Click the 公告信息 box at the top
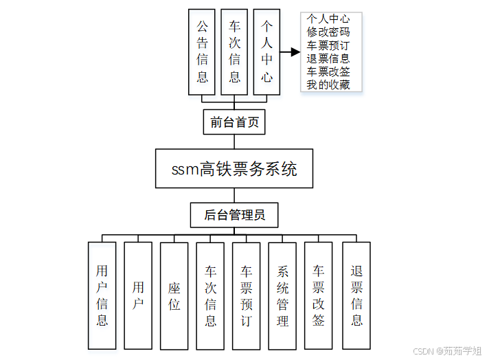tap(202, 52)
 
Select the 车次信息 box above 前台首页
tap(234, 52)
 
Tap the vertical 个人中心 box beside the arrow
tap(266, 52)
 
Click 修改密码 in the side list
tap(328, 32)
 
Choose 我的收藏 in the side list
tap(328, 85)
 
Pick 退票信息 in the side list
tap(328, 58)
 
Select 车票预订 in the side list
tap(328, 45)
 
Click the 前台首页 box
tap(234, 122)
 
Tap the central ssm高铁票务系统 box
tap(234, 168)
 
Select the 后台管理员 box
tap(234, 215)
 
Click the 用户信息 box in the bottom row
tap(102, 295)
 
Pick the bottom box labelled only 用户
tap(138, 295)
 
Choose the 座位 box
tap(174, 295)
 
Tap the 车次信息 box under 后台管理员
tap(210, 295)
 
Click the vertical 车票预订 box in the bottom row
tap(247, 295)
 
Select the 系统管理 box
tap(282, 295)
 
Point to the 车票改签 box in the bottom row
tap(318, 295)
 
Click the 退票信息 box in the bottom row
tap(356, 295)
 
